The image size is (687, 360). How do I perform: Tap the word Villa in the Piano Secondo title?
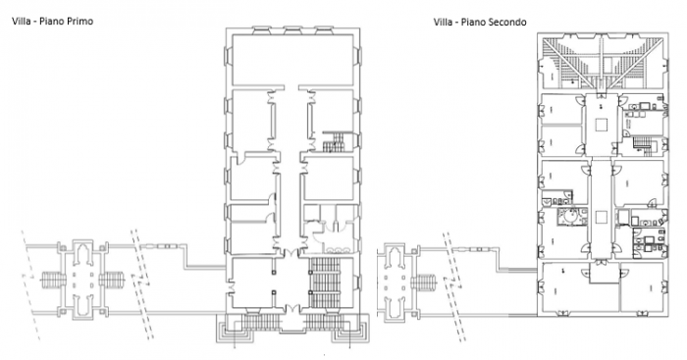444,22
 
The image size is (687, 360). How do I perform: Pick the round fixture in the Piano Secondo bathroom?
566,216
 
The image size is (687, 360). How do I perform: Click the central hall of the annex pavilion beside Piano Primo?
83,280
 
